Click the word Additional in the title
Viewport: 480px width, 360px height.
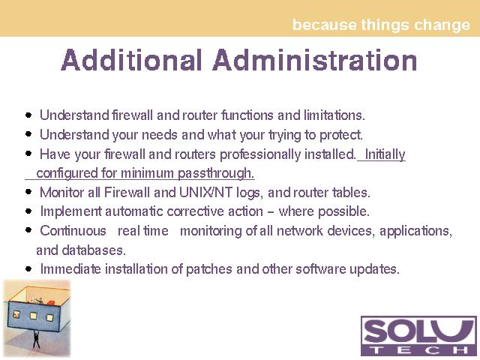[x=132, y=60]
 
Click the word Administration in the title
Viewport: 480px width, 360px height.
[x=315, y=60]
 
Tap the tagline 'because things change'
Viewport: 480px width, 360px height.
[x=381, y=25]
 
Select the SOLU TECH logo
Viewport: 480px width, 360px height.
[x=418, y=336]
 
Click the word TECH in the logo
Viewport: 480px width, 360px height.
[x=418, y=349]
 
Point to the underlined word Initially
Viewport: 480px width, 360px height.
[x=385, y=154]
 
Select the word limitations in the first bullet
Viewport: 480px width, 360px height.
[x=334, y=115]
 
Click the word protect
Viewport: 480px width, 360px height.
[x=341, y=135]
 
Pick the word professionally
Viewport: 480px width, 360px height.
[x=260, y=154]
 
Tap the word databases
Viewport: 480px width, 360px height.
[x=94, y=250]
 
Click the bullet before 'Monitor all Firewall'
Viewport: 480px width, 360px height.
[x=28, y=192]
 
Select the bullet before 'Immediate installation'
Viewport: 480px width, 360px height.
[x=28, y=269]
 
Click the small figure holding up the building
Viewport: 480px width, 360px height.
[x=37, y=339]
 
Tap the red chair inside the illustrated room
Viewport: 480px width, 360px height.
[x=51, y=302]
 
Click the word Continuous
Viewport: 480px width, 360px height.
[x=73, y=231]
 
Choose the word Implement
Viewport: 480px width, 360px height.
[x=71, y=211]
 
